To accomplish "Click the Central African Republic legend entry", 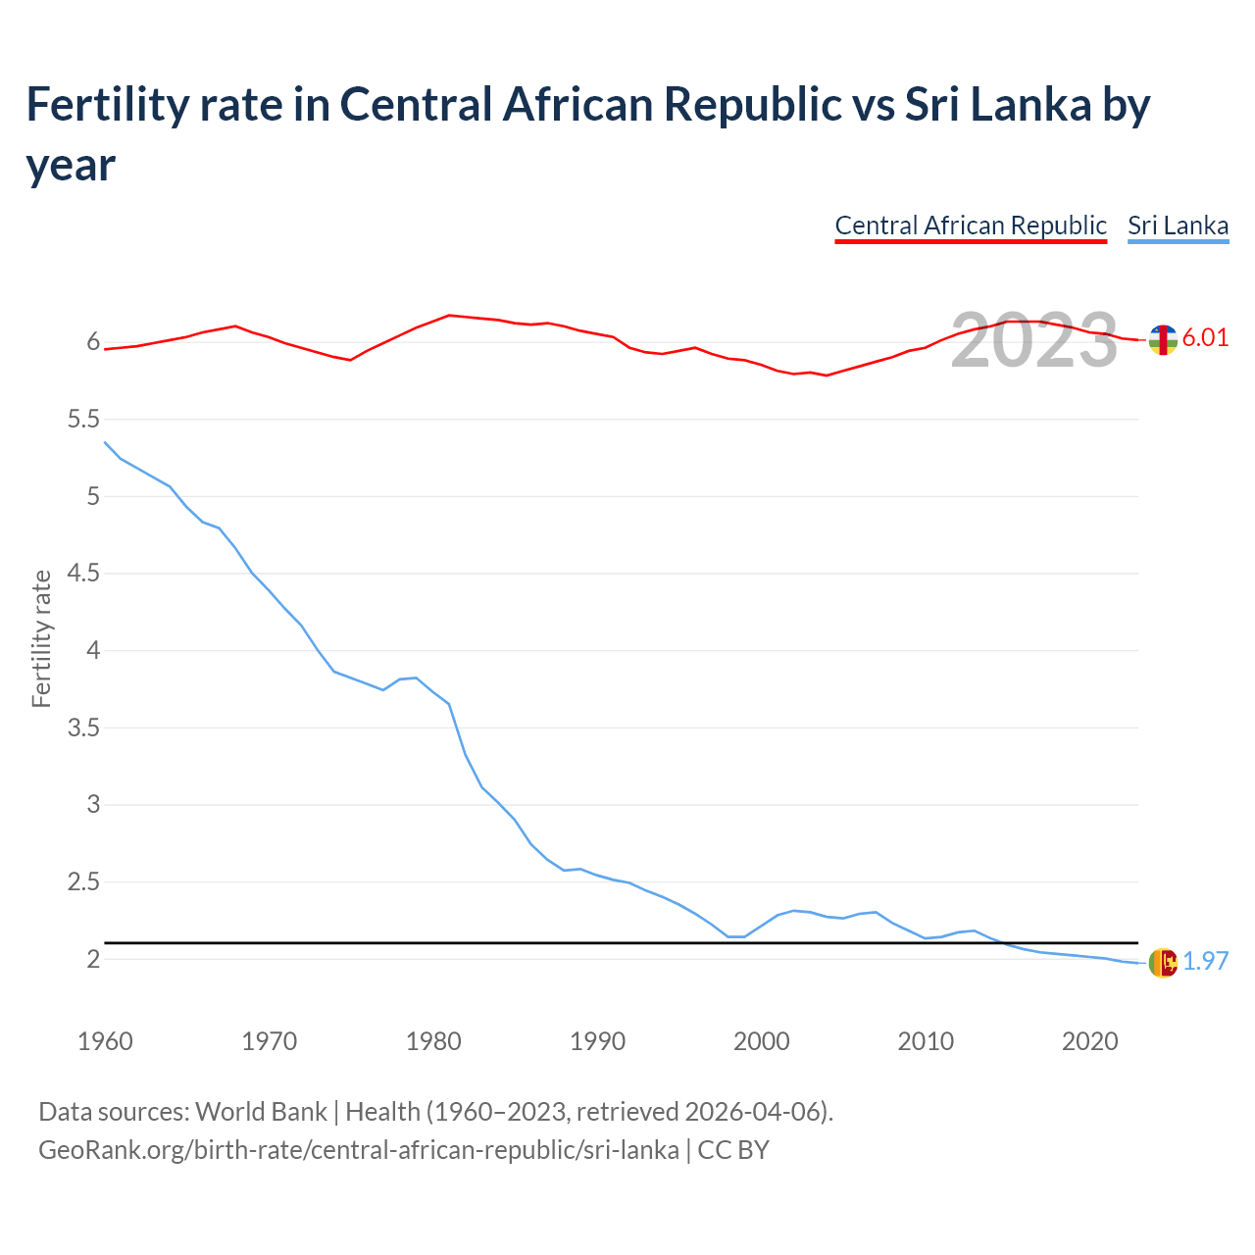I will click(971, 226).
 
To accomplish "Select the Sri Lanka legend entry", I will click(1178, 226).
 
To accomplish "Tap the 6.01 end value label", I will click(1205, 337).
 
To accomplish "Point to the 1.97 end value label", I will click(1205, 961).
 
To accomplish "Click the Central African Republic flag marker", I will click(1163, 339).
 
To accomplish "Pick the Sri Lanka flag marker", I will click(1163, 963).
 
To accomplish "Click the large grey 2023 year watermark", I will click(1034, 340).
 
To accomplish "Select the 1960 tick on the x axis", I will click(105, 1041).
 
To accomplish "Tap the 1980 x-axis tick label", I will click(433, 1041).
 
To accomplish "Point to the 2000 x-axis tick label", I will click(762, 1041).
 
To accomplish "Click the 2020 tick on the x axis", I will click(1090, 1041).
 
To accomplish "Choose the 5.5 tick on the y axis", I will click(83, 420).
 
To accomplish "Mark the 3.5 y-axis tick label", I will click(83, 728).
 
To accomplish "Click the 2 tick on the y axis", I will click(93, 959).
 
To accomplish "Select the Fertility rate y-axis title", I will click(41, 638).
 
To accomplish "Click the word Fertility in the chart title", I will click(106, 104).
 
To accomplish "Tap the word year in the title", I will click(71, 165).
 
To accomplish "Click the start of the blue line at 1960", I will click(106, 443).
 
